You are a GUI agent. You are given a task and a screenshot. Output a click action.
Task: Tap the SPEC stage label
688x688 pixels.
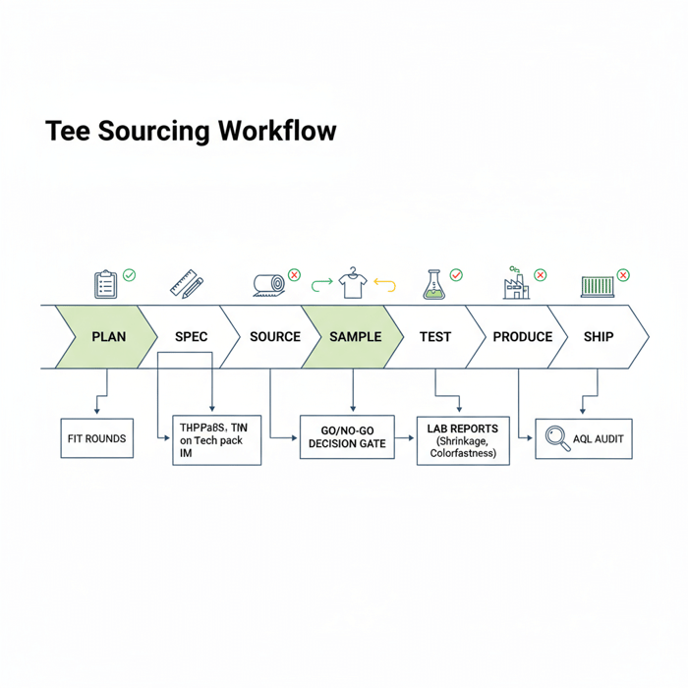191,336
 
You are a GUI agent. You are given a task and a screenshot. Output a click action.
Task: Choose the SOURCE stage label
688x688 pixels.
274,336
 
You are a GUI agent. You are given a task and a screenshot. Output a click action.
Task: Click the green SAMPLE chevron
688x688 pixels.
355,336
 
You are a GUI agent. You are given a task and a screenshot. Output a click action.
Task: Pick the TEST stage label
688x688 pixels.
434,336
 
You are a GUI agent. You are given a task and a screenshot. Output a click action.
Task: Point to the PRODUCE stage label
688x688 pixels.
522,336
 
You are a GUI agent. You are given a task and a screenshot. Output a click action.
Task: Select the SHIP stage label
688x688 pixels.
598,336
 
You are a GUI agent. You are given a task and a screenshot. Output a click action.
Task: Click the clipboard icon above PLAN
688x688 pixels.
105,284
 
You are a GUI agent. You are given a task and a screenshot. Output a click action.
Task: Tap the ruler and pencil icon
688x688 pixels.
186,283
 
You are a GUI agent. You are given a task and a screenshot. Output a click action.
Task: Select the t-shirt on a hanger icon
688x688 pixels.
352,283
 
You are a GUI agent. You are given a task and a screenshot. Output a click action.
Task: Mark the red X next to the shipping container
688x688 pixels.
623,276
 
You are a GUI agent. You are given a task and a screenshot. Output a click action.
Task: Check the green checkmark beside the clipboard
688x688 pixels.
130,276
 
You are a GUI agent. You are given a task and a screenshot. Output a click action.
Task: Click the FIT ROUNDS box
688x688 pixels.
97,438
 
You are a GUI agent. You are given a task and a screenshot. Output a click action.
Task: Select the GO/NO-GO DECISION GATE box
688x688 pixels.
347,437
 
